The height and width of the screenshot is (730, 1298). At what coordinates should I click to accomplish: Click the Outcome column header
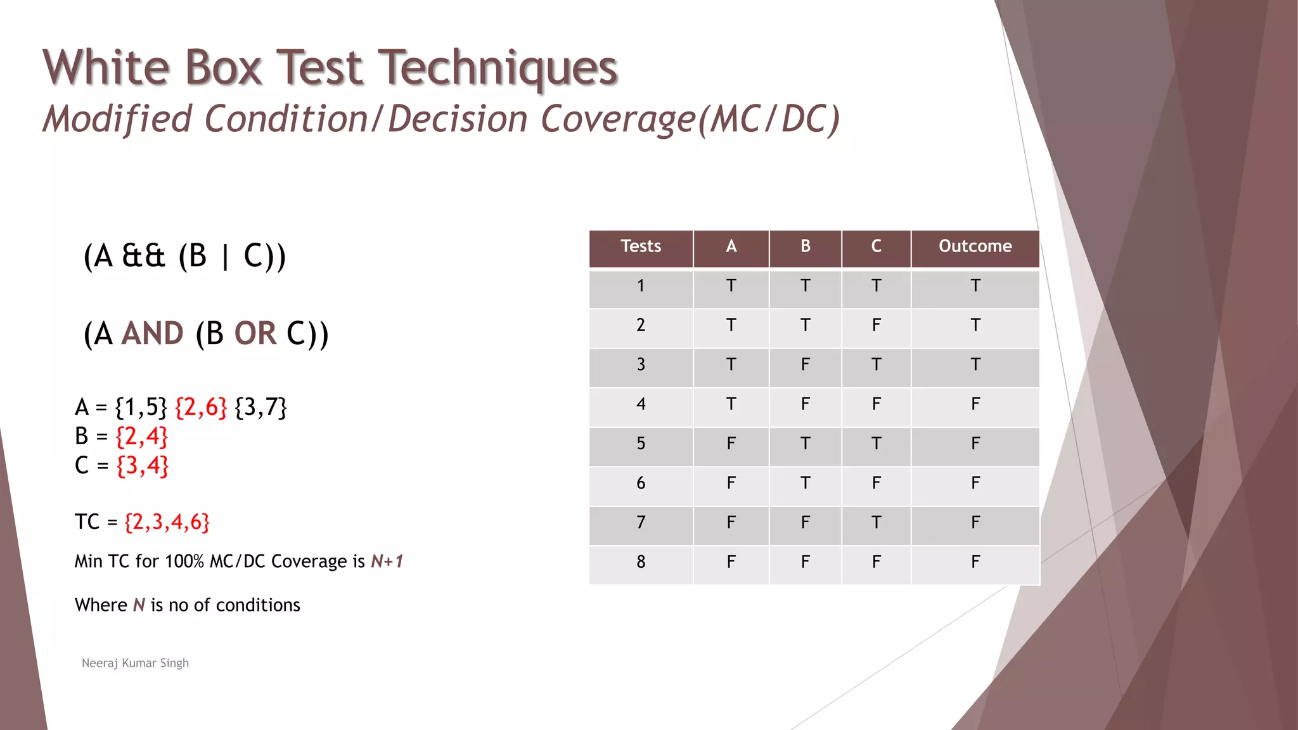[975, 247]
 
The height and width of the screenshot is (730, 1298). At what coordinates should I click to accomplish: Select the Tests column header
[640, 247]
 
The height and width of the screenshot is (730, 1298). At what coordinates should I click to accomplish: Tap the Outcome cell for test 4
[975, 404]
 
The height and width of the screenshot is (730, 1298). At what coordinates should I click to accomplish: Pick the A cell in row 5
[731, 444]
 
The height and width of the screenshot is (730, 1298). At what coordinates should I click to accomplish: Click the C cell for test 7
[876, 522]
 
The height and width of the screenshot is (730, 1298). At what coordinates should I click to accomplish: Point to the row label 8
[640, 561]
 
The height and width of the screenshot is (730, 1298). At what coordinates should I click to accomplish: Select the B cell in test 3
[805, 365]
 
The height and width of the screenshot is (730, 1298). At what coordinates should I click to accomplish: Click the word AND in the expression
[152, 334]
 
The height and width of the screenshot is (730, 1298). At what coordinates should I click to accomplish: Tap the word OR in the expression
[255, 334]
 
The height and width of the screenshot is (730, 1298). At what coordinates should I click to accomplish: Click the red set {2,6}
[200, 407]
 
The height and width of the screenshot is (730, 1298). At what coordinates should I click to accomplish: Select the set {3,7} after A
[260, 407]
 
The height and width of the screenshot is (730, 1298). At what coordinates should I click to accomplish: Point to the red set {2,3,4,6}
[167, 522]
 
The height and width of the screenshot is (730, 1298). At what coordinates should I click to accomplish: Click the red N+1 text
[387, 561]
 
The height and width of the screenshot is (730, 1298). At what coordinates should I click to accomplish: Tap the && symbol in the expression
[143, 257]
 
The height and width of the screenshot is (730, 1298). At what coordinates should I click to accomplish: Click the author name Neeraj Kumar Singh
[135, 663]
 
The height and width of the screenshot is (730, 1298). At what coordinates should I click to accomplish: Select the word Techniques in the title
[498, 68]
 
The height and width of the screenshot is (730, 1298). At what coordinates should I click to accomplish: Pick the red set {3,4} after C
[143, 466]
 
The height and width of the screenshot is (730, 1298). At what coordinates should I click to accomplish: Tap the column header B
[805, 247]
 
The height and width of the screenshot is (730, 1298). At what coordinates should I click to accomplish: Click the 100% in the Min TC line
[184, 561]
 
